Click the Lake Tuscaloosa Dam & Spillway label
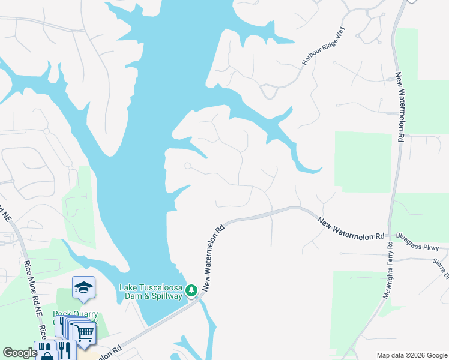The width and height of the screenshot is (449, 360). tap(151, 292)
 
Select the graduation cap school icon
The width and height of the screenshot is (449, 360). tap(83, 289)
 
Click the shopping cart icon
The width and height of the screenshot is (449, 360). tap(85, 332)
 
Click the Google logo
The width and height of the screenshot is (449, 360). tap(20, 353)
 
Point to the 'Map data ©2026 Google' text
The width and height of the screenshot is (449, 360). tap(411, 355)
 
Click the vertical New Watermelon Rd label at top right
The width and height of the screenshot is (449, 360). tap(399, 108)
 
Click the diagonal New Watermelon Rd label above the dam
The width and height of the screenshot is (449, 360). tap(213, 259)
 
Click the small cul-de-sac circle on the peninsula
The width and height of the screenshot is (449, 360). tap(188, 166)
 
